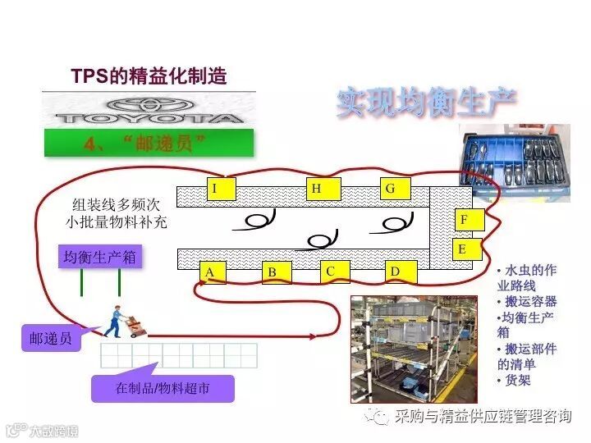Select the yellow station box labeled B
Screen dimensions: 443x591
(x=273, y=272)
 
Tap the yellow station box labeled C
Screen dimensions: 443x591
(x=332, y=272)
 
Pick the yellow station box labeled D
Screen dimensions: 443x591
(x=396, y=272)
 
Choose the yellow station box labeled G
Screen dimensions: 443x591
(x=392, y=189)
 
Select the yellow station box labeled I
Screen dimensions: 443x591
(x=216, y=189)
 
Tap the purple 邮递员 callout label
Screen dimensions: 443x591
(x=51, y=338)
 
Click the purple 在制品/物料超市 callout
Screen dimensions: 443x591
(x=163, y=388)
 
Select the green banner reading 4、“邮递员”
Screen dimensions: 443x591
(x=149, y=143)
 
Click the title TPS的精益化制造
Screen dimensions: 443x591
(x=149, y=77)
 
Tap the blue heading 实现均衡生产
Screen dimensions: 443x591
(x=426, y=102)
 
